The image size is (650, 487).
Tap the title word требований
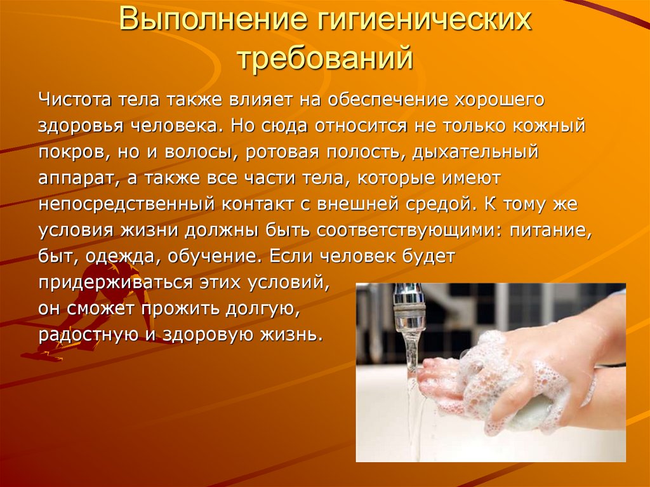point(325,58)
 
